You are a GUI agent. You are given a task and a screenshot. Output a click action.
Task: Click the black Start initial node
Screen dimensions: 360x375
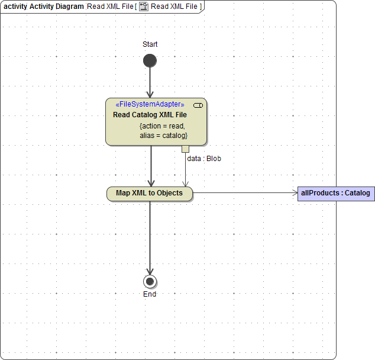(x=150, y=61)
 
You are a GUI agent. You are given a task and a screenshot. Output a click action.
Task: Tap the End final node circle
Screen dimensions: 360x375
(x=150, y=281)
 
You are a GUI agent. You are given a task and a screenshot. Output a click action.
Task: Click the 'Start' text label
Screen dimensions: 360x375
(x=150, y=44)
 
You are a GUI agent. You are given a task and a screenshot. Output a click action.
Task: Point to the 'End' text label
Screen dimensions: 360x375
(x=150, y=294)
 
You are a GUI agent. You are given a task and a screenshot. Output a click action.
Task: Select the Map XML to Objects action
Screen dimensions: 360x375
(x=150, y=193)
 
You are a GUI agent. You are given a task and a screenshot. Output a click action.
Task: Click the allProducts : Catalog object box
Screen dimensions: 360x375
(x=335, y=193)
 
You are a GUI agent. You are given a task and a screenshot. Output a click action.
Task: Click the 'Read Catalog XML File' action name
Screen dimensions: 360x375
(x=150, y=115)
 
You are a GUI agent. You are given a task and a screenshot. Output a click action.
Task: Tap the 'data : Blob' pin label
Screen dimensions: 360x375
(x=204, y=159)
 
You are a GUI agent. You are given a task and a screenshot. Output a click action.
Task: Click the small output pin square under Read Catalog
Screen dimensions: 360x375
(x=185, y=149)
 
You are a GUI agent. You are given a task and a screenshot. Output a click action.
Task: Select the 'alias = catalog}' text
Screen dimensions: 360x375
(x=163, y=136)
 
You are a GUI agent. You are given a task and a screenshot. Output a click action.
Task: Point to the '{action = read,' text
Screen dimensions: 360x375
(x=162, y=126)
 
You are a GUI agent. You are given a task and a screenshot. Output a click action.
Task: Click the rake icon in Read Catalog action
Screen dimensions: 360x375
(x=198, y=105)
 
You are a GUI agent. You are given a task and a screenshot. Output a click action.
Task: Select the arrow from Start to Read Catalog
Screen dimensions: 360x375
(x=150, y=83)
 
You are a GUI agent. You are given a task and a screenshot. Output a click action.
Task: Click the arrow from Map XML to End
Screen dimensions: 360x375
(x=150, y=237)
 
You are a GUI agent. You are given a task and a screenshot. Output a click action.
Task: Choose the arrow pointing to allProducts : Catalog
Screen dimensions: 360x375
(x=245, y=193)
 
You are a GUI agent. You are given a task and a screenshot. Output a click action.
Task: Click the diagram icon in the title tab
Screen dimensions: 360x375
(x=143, y=7)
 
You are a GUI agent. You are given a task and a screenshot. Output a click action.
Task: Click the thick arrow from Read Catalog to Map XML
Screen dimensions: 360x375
(x=151, y=166)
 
